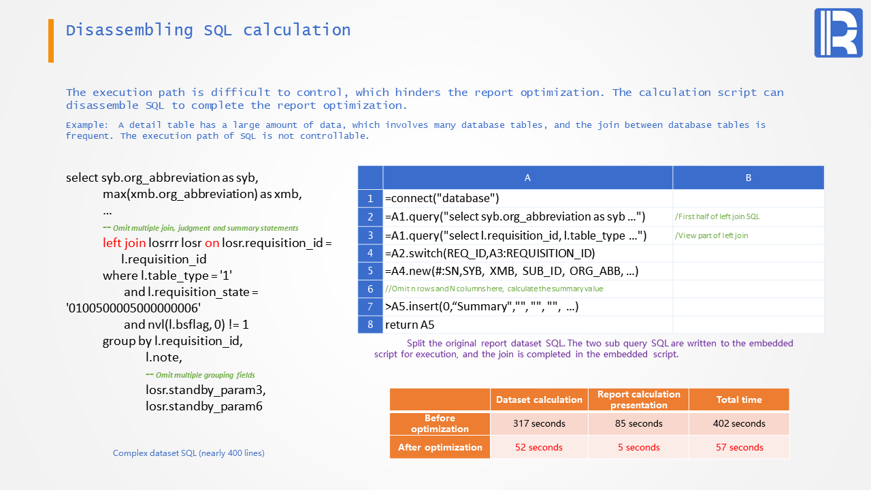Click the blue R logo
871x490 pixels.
[x=838, y=33]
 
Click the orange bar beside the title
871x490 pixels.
[x=51, y=40]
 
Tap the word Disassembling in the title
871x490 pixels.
[x=129, y=31]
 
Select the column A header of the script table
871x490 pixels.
[x=527, y=178]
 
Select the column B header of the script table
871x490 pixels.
[x=748, y=178]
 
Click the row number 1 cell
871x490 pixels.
[x=370, y=198]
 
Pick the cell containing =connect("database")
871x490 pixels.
[x=527, y=198]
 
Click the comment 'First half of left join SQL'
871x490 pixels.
[x=717, y=216]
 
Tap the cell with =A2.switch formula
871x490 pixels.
[x=527, y=253]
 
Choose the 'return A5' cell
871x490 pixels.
[x=527, y=325]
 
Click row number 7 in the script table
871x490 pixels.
[x=370, y=306]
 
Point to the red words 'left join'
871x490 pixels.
[x=124, y=243]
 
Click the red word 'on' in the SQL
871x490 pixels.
[x=212, y=243]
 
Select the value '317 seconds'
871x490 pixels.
[x=539, y=423]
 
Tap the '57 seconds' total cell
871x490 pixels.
[x=739, y=447]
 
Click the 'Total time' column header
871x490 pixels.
[x=739, y=399]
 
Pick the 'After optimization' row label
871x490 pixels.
[x=440, y=447]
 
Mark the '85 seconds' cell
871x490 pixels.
[x=638, y=423]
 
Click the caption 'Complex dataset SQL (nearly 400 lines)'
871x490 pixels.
[x=188, y=453]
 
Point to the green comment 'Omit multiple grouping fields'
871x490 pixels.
[x=200, y=375]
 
